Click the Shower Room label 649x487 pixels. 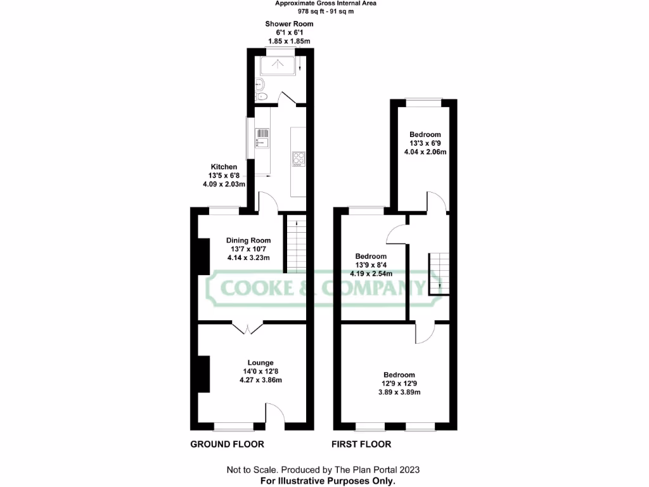(x=289, y=32)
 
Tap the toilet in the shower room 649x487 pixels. (x=262, y=96)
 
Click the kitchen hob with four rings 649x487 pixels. (x=297, y=158)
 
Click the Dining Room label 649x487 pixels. (x=248, y=249)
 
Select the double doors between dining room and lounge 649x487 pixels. (x=248, y=327)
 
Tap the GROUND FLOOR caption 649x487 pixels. (x=227, y=444)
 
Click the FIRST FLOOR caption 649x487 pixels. (x=361, y=444)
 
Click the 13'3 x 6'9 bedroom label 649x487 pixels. (x=425, y=143)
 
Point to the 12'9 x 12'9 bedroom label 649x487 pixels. (x=399, y=383)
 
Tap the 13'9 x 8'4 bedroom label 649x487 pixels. (x=371, y=265)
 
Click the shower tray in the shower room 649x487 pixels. (x=278, y=65)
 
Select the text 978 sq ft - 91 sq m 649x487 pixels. (x=325, y=11)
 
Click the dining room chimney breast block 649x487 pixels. (x=203, y=256)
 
